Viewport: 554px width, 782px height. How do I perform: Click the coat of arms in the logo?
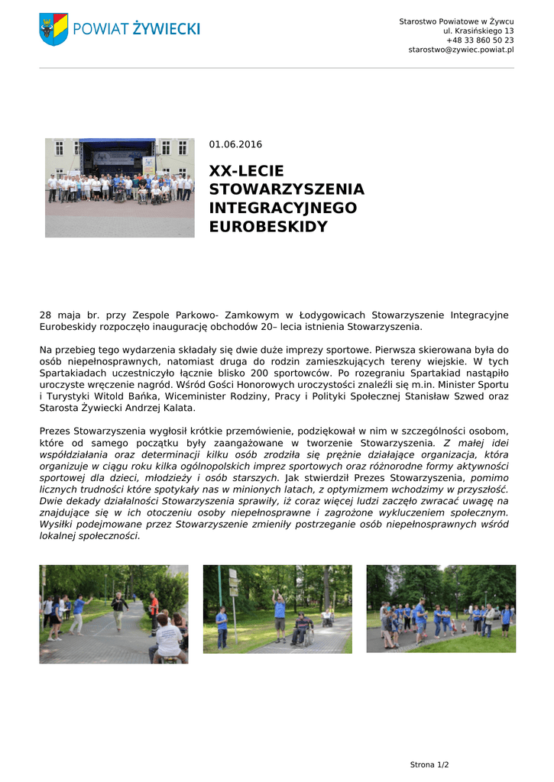[x=53, y=28]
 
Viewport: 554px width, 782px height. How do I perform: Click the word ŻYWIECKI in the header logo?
[x=166, y=29]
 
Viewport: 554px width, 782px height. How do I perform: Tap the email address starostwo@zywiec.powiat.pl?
[x=461, y=50]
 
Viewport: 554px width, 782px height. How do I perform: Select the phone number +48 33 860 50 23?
[x=480, y=40]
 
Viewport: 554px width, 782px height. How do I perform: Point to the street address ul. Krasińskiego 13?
[x=478, y=31]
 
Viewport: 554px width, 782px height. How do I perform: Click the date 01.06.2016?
[x=235, y=144]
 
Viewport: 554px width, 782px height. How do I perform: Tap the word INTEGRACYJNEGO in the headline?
[x=283, y=208]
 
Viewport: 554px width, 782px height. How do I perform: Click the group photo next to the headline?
[x=119, y=187]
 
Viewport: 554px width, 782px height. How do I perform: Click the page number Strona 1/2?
[x=429, y=764]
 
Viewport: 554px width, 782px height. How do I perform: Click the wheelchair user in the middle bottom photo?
[x=303, y=629]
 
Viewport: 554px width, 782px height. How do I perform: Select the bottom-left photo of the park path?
[x=114, y=614]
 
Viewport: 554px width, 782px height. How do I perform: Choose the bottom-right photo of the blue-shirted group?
[x=441, y=609]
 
